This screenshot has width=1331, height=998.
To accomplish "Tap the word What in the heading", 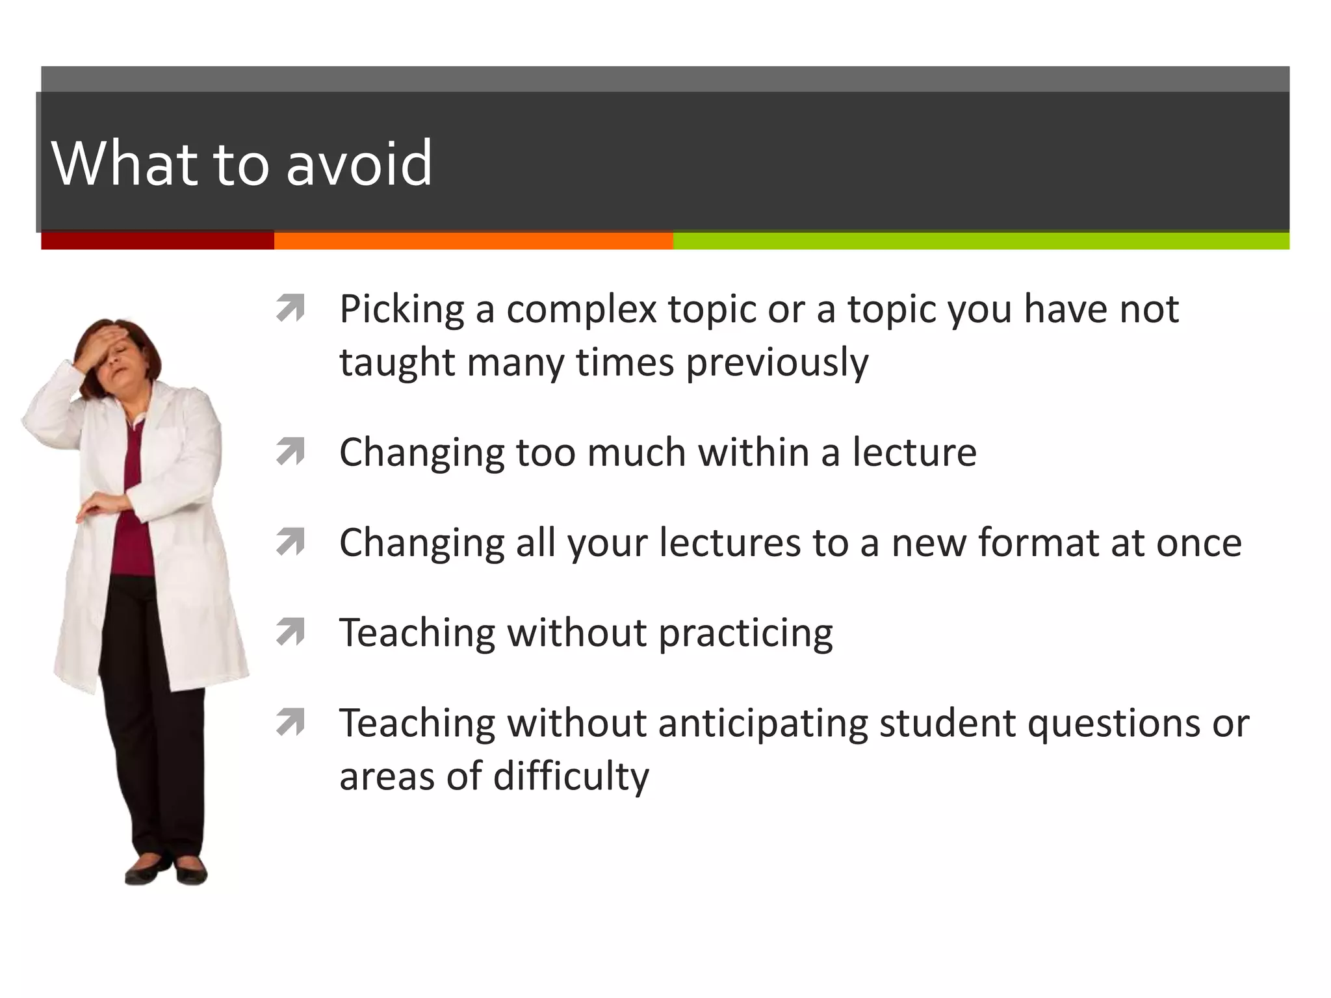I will click(x=123, y=163).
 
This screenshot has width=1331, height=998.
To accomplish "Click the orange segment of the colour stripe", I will click(x=473, y=241).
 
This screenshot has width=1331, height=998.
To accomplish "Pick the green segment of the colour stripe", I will click(x=981, y=241).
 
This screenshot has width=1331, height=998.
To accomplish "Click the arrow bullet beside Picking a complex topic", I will click(x=291, y=309).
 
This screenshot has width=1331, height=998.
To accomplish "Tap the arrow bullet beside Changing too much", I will click(x=291, y=452).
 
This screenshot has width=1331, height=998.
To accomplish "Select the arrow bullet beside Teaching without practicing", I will click(x=291, y=632).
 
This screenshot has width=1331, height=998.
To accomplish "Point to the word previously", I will click(x=777, y=363).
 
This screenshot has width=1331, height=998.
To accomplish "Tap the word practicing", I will click(x=745, y=633).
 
